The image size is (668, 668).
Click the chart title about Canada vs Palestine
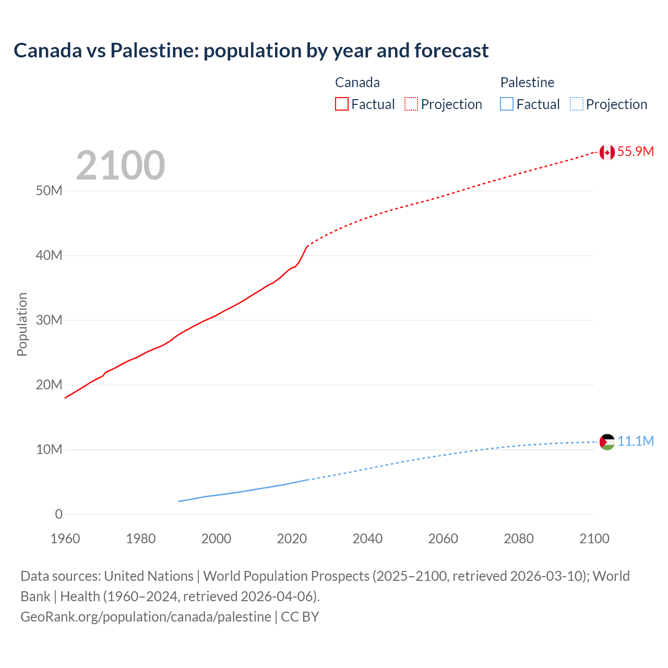pyautogui.click(x=251, y=51)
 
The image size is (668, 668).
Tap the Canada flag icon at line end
pyautogui.click(x=606, y=152)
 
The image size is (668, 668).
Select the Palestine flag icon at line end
pyautogui.click(x=606, y=442)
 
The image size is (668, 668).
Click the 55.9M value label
pyautogui.click(x=635, y=152)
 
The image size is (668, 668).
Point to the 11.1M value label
pyautogui.click(x=635, y=442)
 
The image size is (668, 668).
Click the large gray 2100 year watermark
pyautogui.click(x=121, y=165)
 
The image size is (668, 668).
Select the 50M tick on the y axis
pyautogui.click(x=49, y=191)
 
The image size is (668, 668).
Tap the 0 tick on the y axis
pyautogui.click(x=58, y=515)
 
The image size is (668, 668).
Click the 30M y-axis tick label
pyautogui.click(x=49, y=320)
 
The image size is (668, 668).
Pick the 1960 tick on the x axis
pyautogui.click(x=65, y=539)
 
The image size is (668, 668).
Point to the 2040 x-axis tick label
pyautogui.click(x=367, y=539)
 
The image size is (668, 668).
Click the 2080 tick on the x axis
pyautogui.click(x=519, y=539)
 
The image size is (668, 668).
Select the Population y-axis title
pyautogui.click(x=22, y=324)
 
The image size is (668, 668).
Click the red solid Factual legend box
pyautogui.click(x=342, y=104)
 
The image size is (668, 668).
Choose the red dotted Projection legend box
pyautogui.click(x=411, y=104)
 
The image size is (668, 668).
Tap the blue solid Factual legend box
pyautogui.click(x=507, y=104)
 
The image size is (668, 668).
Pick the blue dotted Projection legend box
pyautogui.click(x=577, y=104)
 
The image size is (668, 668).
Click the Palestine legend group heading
pyautogui.click(x=527, y=82)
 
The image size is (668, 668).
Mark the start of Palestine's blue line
pyautogui.click(x=179, y=501)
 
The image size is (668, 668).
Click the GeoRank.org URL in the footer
pyautogui.click(x=146, y=617)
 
